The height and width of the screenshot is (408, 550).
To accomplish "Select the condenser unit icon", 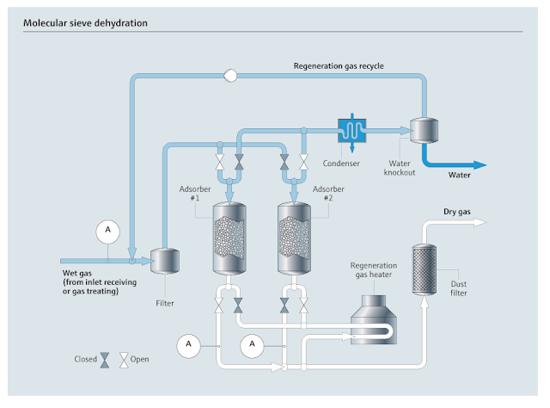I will click(x=351, y=129).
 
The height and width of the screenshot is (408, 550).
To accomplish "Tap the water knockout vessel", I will click(x=423, y=129).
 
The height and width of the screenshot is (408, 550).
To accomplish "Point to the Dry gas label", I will click(x=456, y=212).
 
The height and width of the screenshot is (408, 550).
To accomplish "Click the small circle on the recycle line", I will click(x=229, y=76).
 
